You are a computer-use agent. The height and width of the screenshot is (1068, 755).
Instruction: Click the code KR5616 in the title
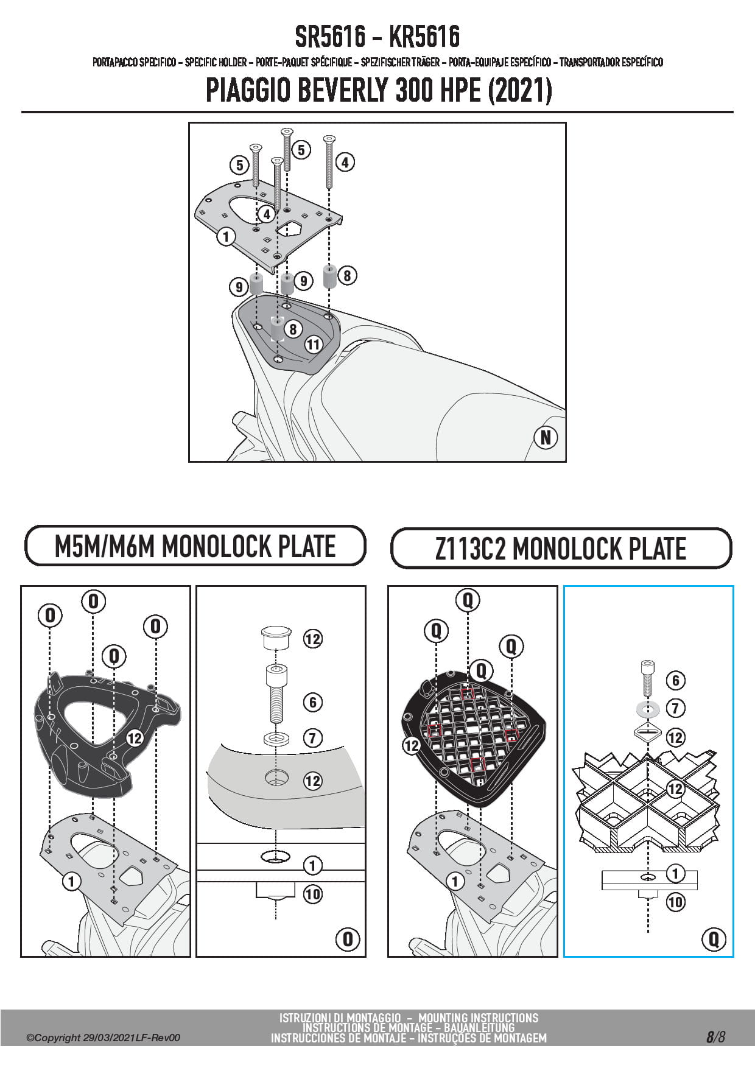[x=424, y=38]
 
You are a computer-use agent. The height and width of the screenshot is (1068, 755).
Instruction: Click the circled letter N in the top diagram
[x=546, y=437]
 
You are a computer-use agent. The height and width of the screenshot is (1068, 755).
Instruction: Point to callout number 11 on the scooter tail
[x=313, y=345]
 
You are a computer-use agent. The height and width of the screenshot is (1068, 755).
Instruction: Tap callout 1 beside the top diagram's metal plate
[x=226, y=236]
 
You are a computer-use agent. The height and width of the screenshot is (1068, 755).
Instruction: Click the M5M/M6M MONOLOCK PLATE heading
[x=195, y=546]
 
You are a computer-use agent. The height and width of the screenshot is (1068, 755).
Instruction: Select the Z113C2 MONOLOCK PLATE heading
[x=560, y=548]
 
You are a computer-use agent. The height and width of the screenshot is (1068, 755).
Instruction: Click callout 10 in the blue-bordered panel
[x=675, y=902]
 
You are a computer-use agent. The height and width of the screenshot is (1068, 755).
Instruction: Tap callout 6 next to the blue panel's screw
[x=675, y=680]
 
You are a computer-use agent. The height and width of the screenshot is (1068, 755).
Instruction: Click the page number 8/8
[x=715, y=1037]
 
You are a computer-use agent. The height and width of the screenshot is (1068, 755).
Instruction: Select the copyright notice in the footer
[x=104, y=1038]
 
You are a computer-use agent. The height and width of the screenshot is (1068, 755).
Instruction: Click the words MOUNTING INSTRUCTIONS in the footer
[x=478, y=1018]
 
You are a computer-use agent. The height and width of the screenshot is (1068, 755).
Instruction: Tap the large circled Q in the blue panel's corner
[x=714, y=938]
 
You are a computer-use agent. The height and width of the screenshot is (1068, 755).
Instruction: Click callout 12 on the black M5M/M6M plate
[x=134, y=738]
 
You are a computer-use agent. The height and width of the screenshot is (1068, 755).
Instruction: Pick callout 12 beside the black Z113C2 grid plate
[x=412, y=745]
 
